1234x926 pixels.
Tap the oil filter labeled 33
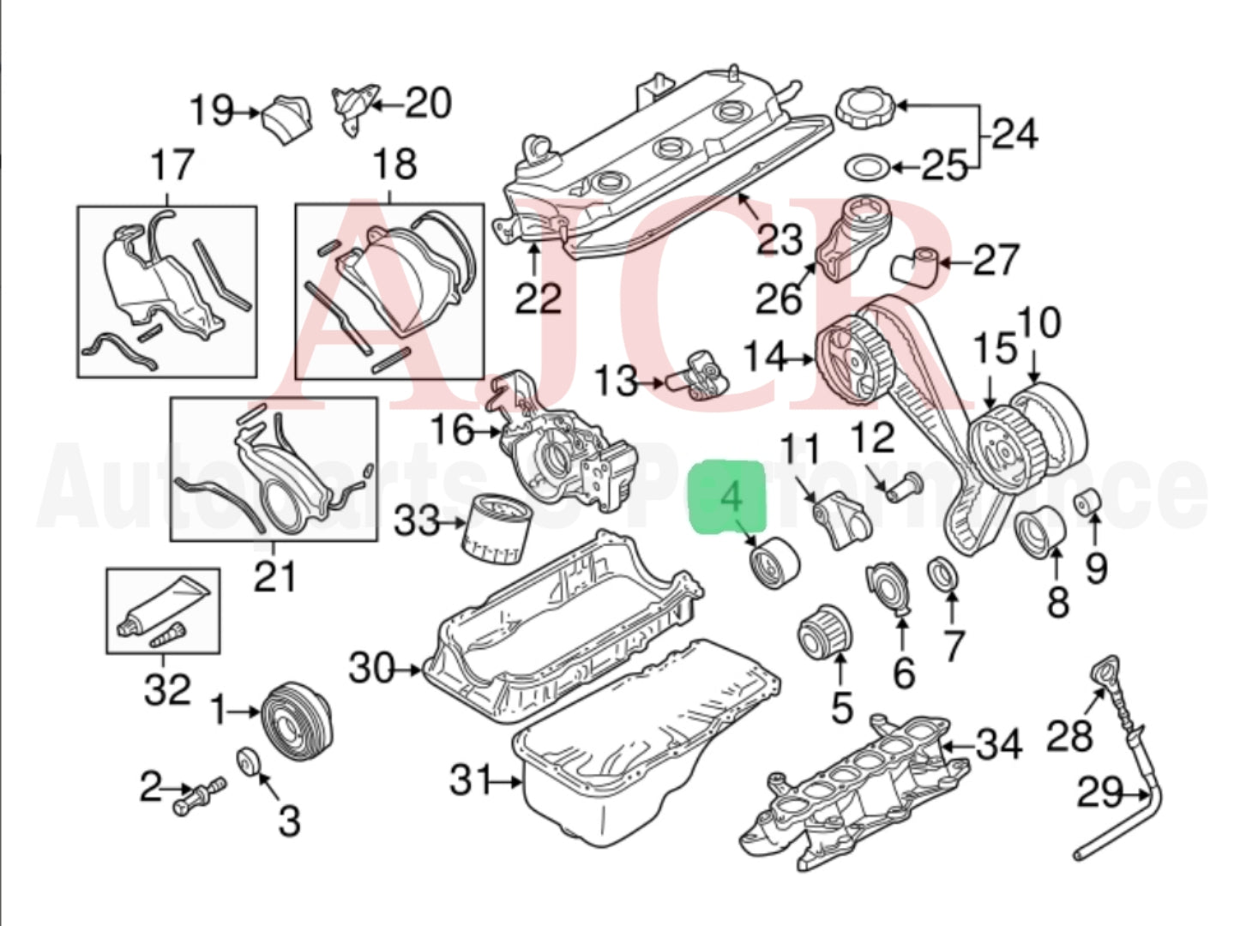495,527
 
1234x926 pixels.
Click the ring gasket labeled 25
864,166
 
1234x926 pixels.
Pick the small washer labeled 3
249,760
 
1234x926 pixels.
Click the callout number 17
172,165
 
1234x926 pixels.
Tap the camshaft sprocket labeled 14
855,359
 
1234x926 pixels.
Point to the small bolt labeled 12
900,487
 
